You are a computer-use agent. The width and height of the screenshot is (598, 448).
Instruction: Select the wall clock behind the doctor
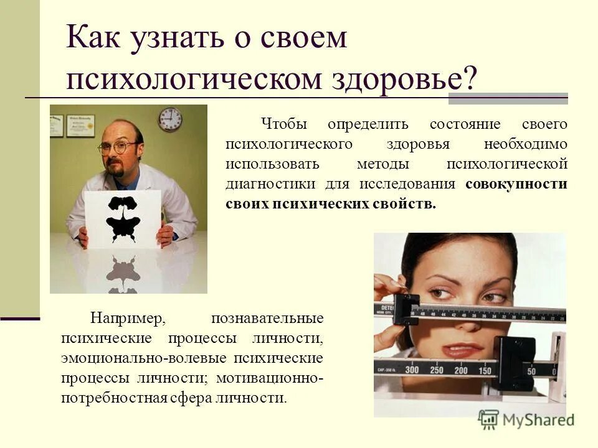169,119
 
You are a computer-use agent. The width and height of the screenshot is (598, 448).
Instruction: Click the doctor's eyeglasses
117,147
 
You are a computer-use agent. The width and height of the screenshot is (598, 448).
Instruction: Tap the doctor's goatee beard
115,168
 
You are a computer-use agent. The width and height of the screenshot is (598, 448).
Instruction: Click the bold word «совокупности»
516,185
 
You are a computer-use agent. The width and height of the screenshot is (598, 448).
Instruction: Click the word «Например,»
127,319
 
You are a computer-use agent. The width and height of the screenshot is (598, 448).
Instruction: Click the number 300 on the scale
412,369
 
